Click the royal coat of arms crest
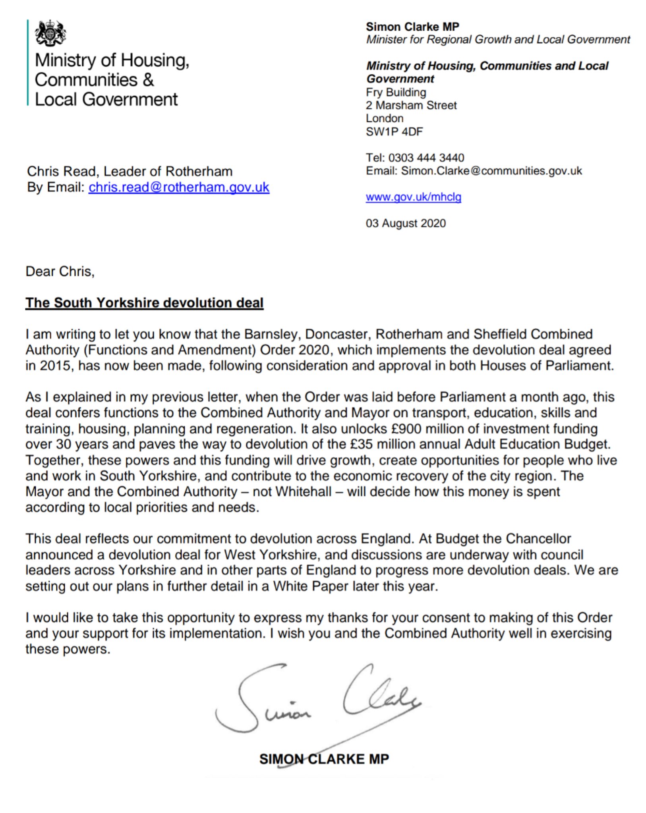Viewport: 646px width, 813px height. pyautogui.click(x=50, y=33)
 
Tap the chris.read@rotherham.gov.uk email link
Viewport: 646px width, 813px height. pyautogui.click(x=179, y=187)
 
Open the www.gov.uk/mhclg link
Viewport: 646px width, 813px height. pyautogui.click(x=413, y=197)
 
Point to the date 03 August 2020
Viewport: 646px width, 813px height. pyautogui.click(x=406, y=223)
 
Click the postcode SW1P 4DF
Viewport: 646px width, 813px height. pyautogui.click(x=394, y=131)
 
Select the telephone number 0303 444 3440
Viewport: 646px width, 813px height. pyautogui.click(x=426, y=158)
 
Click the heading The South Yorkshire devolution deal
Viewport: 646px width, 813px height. pyautogui.click(x=144, y=302)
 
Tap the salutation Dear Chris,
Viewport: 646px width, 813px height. pyautogui.click(x=60, y=271)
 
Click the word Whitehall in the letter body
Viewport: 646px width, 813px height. pyautogui.click(x=304, y=491)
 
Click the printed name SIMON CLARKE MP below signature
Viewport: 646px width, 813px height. pyautogui.click(x=324, y=759)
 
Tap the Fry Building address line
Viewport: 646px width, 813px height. pyautogui.click(x=396, y=92)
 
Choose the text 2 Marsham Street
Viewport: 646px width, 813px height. pyautogui.click(x=411, y=105)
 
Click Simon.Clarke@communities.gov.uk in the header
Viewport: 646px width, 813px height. pyautogui.click(x=491, y=171)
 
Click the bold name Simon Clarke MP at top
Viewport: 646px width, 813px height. pyautogui.click(x=412, y=27)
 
